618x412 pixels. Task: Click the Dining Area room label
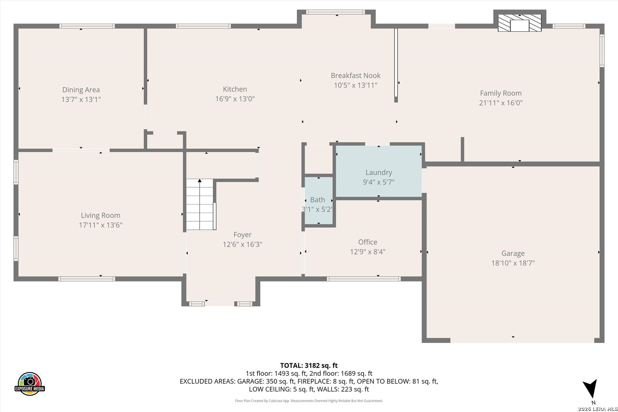pos(81,90)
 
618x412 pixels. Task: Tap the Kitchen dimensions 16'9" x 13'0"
pos(235,99)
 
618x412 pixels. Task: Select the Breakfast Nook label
pos(356,75)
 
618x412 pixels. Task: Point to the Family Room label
pos(501,93)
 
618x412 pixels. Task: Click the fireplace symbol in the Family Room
pos(520,23)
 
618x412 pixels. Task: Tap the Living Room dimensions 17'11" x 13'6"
pos(100,225)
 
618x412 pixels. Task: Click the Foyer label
pos(242,235)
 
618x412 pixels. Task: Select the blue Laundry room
pos(378,171)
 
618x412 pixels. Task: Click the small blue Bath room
pos(319,201)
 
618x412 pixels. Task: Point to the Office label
pos(367,242)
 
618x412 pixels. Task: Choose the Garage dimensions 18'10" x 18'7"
pos(513,263)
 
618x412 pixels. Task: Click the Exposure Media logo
pos(29,383)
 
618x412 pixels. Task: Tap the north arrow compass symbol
pos(591,389)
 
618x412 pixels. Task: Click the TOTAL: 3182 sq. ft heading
pos(309,365)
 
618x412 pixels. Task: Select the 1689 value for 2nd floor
pos(348,373)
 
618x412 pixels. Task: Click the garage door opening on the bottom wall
pos(522,341)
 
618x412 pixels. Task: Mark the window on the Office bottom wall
pos(364,279)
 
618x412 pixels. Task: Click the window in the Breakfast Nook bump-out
pos(335,12)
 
